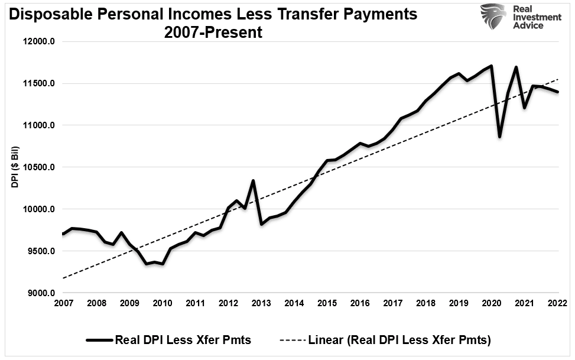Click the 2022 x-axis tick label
pyautogui.click(x=557, y=303)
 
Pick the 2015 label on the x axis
pyautogui.click(x=326, y=303)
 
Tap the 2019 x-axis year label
pyautogui.click(x=458, y=303)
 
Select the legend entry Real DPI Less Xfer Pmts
pyautogui.click(x=168, y=340)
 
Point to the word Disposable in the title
pyautogui.click(x=53, y=14)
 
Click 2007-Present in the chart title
pyautogui.click(x=215, y=32)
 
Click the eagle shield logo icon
pyautogui.click(x=493, y=17)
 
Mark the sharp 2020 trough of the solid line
pyautogui.click(x=500, y=137)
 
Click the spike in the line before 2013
pyautogui.click(x=253, y=180)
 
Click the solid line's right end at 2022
pyautogui.click(x=557, y=92)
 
